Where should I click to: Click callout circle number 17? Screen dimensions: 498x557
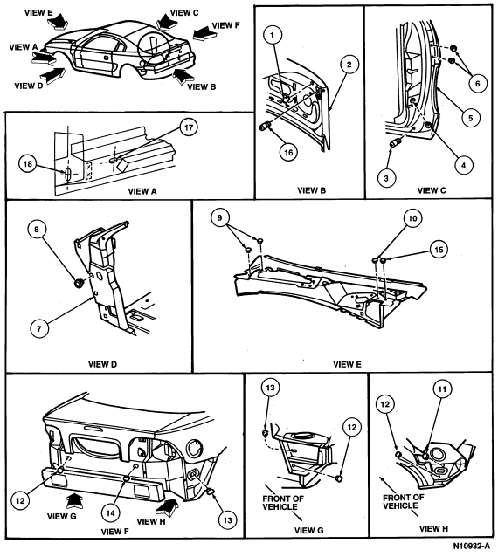click(189, 127)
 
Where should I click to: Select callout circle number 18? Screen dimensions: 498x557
click(27, 164)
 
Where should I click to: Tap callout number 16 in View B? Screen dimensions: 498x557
click(288, 152)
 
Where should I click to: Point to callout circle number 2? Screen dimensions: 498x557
click(349, 65)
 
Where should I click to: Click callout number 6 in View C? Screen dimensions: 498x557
click(477, 83)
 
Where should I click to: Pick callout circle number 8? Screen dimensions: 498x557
click(37, 230)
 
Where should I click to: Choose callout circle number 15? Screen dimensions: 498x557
click(439, 250)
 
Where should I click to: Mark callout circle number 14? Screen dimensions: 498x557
click(111, 513)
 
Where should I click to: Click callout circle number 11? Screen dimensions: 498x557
click(442, 389)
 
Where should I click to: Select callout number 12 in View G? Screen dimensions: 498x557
click(351, 427)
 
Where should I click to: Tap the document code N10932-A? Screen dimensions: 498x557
click(471, 546)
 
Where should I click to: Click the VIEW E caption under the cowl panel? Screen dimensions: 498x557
click(347, 364)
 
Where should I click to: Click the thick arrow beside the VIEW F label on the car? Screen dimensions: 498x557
click(205, 33)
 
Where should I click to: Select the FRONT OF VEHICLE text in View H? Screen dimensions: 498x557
click(403, 502)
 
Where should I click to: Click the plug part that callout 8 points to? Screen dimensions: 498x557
click(78, 284)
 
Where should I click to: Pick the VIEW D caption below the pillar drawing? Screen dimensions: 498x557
click(102, 364)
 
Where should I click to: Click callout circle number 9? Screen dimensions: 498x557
click(219, 217)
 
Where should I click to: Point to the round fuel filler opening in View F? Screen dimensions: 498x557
click(194, 449)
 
